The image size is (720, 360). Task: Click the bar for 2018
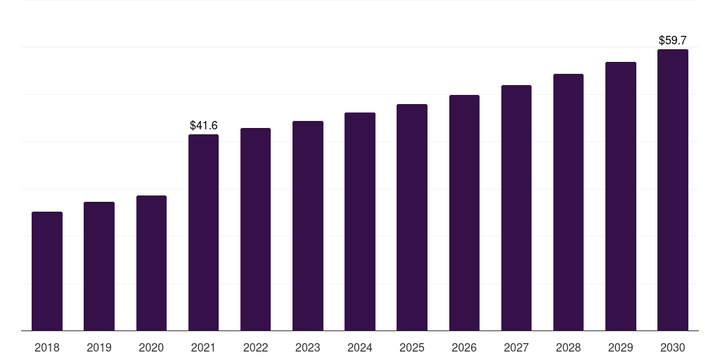pos(47,271)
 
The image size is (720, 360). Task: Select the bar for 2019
pos(99,266)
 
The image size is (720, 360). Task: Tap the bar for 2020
pos(152,263)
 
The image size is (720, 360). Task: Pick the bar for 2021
pos(203,232)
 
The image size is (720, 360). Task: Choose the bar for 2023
pos(308,226)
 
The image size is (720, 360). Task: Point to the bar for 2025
pos(412,217)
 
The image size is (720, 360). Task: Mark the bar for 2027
pos(516,207)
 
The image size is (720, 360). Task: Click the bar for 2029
pos(621,196)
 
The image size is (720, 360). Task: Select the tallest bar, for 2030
pos(673,190)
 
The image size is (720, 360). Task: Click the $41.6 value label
pos(203,125)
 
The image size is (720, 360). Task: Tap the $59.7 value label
pos(673,40)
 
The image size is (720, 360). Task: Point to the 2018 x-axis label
pos(47,347)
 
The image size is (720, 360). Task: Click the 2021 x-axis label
pos(203,347)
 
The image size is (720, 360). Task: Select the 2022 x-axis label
pos(255,347)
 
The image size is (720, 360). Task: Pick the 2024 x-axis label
pos(360,347)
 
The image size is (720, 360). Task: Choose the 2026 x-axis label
pos(464,347)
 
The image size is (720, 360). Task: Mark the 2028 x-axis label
pos(568,347)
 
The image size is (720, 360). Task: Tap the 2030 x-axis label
pos(673,347)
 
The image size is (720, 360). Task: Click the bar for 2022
pos(255,229)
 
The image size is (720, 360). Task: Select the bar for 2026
pos(464,212)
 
